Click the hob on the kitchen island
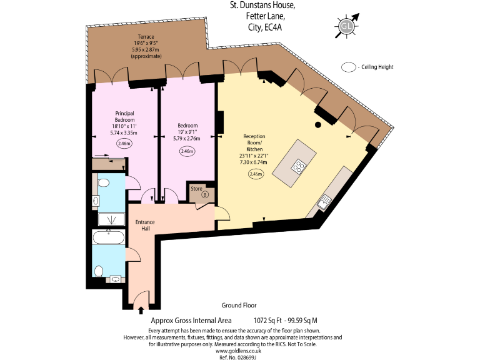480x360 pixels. pyautogui.click(x=299, y=166)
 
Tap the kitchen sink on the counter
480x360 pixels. pyautogui.click(x=324, y=201)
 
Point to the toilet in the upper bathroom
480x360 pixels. pyautogui.click(x=104, y=182)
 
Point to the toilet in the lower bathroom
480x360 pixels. pyautogui.click(x=100, y=271)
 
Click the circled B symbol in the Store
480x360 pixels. pyautogui.click(x=204, y=194)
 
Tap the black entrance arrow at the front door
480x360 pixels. pyautogui.click(x=141, y=309)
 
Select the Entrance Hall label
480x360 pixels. pyautogui.click(x=144, y=226)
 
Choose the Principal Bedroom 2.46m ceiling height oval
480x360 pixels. pyautogui.click(x=124, y=144)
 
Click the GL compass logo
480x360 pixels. pyautogui.click(x=346, y=26)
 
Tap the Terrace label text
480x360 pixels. pyautogui.click(x=146, y=37)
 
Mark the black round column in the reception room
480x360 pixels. pyautogui.click(x=318, y=126)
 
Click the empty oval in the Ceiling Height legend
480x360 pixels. pyautogui.click(x=347, y=67)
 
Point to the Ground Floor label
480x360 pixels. pyautogui.click(x=239, y=306)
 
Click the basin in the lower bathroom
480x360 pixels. pyautogui.click(x=116, y=279)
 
